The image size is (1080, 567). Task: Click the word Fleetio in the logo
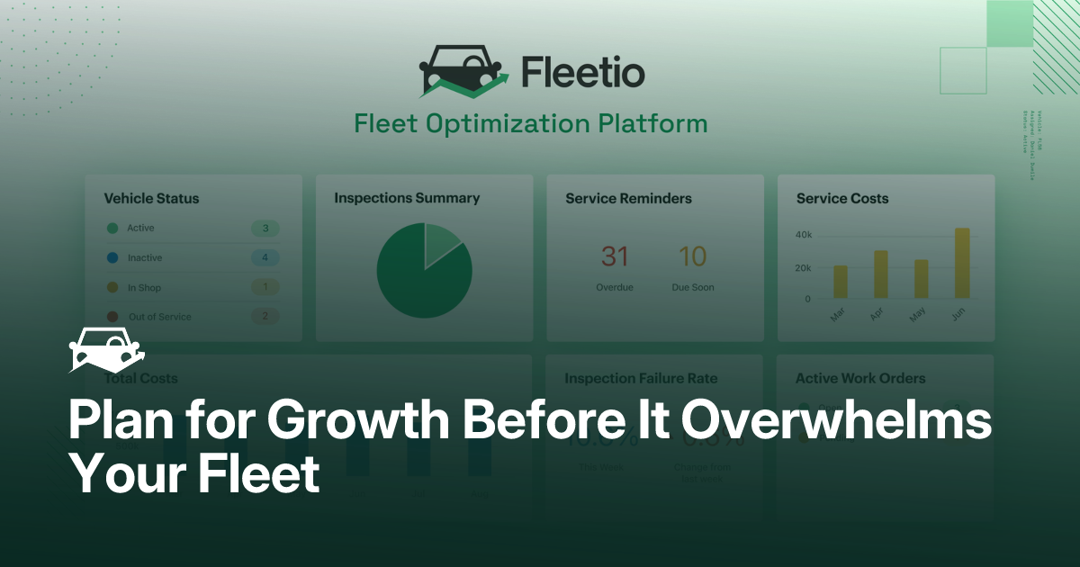pos(582,72)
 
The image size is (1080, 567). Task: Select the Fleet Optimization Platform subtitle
pos(531,123)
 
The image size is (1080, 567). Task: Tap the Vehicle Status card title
pos(151,198)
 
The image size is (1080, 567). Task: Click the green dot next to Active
pos(112,229)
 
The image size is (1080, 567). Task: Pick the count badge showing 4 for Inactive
pos(265,258)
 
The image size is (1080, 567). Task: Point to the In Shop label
pos(144,288)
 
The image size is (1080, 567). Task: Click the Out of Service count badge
pos(265,317)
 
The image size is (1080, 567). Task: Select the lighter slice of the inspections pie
pos(440,244)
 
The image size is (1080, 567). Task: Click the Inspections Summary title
pos(407,198)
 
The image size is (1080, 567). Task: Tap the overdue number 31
pos(615,257)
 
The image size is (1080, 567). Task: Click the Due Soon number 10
pos(692,257)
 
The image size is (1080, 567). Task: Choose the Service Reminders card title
pos(628,198)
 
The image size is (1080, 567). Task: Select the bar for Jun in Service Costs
pos(962,263)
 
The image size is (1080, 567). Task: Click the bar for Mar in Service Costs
pos(840,282)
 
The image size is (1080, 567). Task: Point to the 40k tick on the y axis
pos(803,235)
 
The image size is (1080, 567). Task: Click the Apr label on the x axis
pos(877,315)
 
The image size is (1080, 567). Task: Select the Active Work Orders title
pos(860,379)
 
